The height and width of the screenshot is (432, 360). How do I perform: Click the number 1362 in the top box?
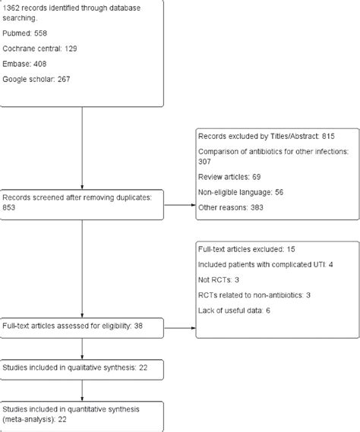coord(13,6)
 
